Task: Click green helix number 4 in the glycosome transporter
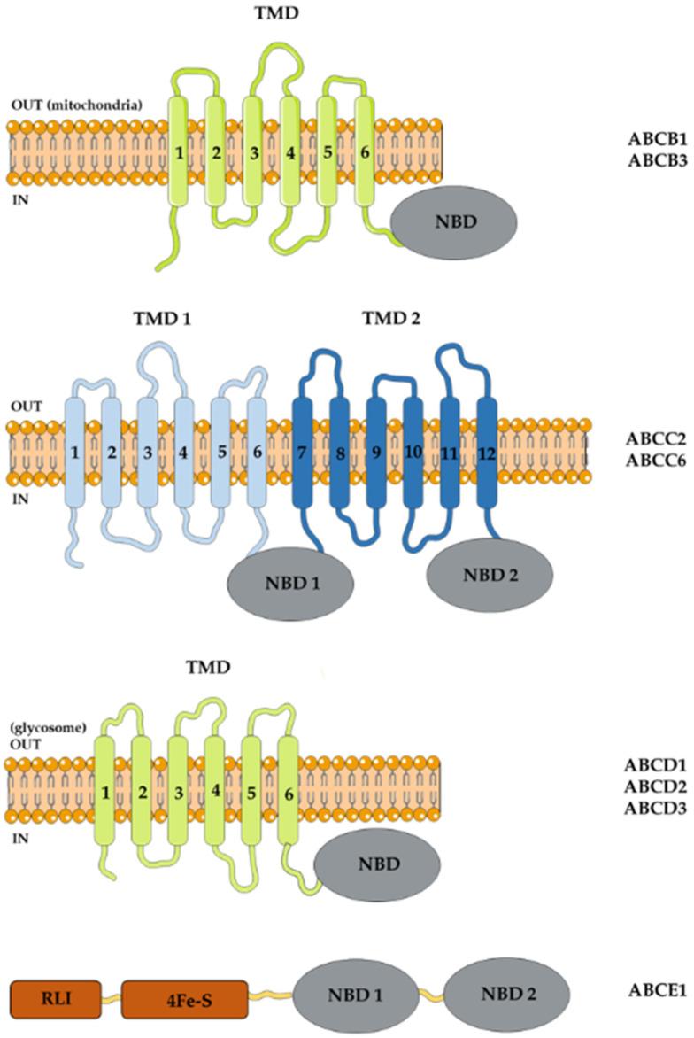(x=213, y=766)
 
